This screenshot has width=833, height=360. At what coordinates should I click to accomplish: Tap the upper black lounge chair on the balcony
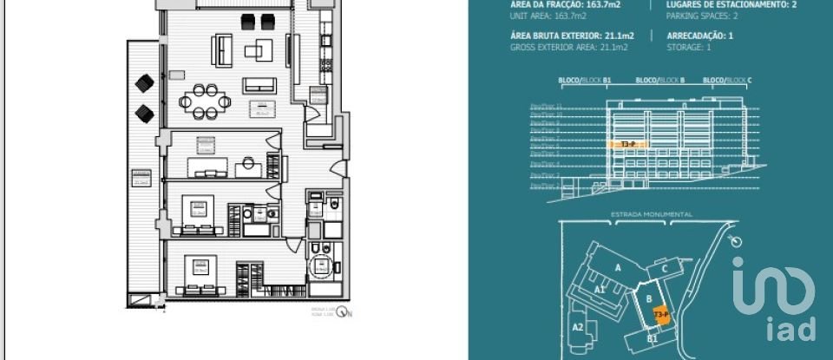[144, 84]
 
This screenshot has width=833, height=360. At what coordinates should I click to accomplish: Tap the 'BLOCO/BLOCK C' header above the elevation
[727, 81]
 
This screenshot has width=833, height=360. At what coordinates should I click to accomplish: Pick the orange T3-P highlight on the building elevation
[629, 144]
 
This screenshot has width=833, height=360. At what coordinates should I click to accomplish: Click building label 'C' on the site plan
[664, 269]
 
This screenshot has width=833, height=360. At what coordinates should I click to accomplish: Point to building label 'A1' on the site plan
[599, 289]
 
